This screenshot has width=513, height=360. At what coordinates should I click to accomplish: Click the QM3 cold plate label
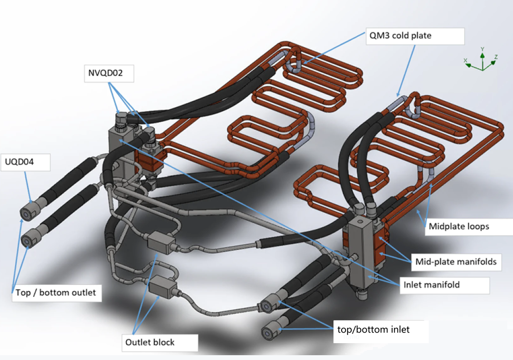click(400, 36)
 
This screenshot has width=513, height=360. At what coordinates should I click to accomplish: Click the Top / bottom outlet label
click(55, 293)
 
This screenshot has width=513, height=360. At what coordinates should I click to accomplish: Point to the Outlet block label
click(149, 342)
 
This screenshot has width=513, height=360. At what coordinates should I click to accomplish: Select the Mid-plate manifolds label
click(455, 262)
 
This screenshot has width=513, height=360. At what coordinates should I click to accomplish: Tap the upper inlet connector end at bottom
click(266, 306)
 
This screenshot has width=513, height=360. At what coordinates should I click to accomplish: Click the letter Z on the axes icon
click(496, 57)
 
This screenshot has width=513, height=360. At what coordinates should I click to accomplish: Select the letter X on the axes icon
click(466, 60)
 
